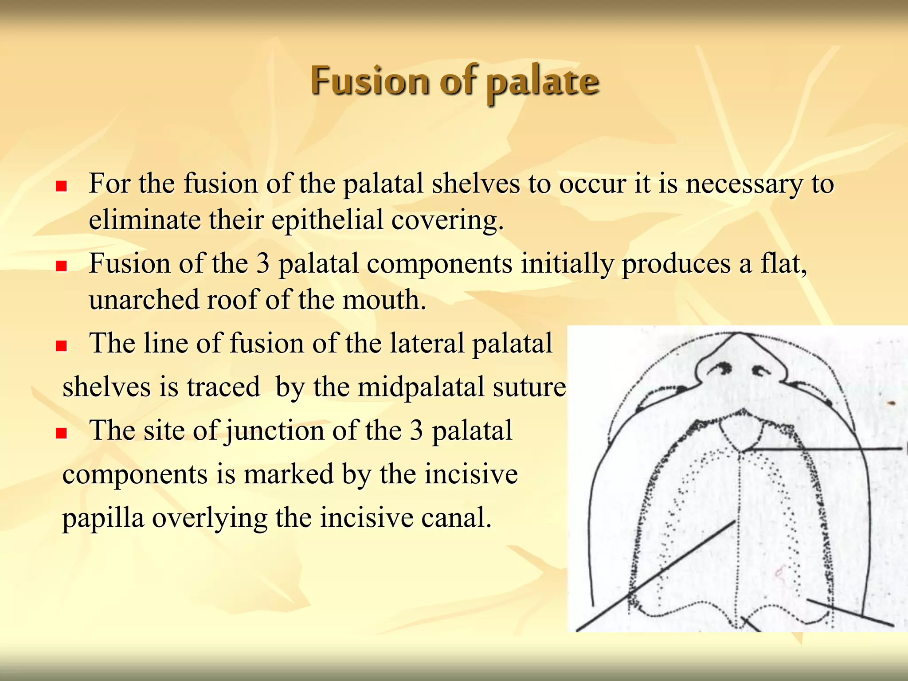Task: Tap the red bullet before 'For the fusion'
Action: (61, 186)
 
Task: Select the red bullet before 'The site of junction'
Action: (61, 433)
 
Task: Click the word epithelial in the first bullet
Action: (327, 220)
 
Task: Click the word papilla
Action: (103, 518)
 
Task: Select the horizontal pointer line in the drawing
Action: (825, 450)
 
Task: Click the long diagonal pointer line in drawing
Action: (656, 575)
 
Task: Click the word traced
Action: (223, 387)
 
